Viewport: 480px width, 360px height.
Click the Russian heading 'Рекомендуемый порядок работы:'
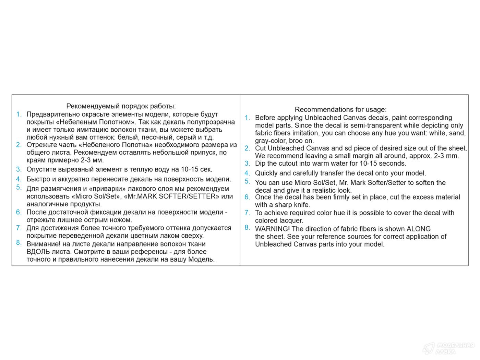[121, 106]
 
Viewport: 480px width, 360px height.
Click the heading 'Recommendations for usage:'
[340, 109]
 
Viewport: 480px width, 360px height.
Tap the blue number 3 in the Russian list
[19, 169]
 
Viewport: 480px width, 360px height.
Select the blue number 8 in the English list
[247, 227]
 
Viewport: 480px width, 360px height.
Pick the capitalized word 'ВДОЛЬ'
[37, 252]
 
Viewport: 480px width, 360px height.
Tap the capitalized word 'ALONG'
[418, 229]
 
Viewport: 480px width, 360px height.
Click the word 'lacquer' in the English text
[291, 220]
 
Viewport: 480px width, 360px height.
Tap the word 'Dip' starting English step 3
[260, 163]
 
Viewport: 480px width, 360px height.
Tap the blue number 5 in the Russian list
[19, 187]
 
